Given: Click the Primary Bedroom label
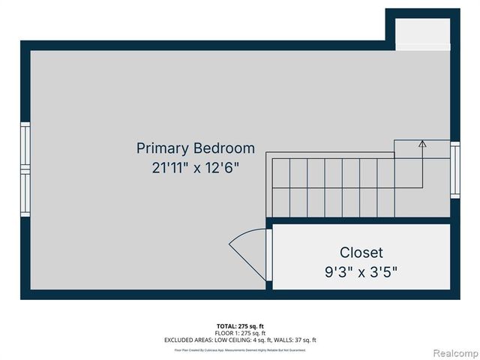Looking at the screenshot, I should tap(195, 148).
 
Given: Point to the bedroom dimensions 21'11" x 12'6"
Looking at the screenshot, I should tap(195, 167).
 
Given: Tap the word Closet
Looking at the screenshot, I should tap(361, 253).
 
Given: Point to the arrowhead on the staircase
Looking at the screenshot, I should tap(422, 143).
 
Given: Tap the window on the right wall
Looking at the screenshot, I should tap(454, 169).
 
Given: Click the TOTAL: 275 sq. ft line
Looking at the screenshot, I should tap(240, 325).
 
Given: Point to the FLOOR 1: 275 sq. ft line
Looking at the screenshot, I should tap(240, 333).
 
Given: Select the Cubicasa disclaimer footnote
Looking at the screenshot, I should tap(240, 349).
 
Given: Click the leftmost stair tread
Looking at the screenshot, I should tap(280, 187).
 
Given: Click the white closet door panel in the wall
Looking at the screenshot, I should tap(269, 254).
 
